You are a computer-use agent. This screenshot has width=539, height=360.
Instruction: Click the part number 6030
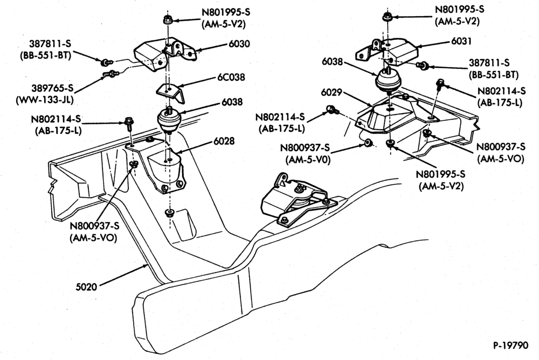coord(240,44)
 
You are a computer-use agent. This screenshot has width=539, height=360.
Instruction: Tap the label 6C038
coord(231,78)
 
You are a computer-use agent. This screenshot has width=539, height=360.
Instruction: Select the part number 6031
coord(462,41)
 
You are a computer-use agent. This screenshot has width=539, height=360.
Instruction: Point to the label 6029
coord(331,93)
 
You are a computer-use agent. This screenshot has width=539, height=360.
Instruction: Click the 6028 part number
coord(224,141)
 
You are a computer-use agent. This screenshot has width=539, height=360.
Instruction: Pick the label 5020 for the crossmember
coord(86,286)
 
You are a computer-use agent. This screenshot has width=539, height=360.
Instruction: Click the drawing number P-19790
coord(511,345)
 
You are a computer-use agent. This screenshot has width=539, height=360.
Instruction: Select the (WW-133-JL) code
coord(45,100)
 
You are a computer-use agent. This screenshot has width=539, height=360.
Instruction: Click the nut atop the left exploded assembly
coord(168,20)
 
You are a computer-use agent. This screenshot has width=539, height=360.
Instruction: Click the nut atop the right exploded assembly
coord(387,17)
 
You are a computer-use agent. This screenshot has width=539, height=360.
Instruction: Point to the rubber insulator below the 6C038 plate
coord(169,119)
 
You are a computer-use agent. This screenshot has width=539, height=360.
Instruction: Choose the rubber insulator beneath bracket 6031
coord(388,80)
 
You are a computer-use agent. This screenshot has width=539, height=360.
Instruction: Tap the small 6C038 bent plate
coord(171,92)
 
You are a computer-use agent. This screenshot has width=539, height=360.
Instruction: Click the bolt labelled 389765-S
coord(109,73)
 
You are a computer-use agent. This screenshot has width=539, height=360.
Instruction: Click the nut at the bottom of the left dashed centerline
coord(169,213)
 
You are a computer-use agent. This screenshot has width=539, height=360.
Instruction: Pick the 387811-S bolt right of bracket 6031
coord(422,64)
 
